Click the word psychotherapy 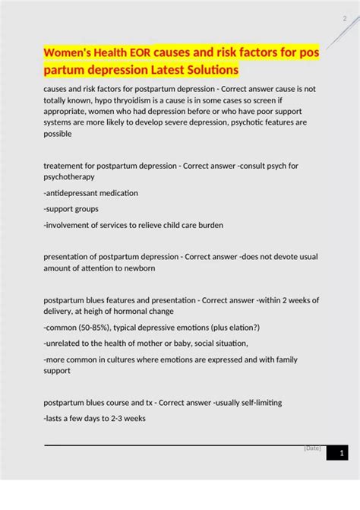[69, 176]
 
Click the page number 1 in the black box [342, 454]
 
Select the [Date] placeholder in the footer [312, 448]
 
